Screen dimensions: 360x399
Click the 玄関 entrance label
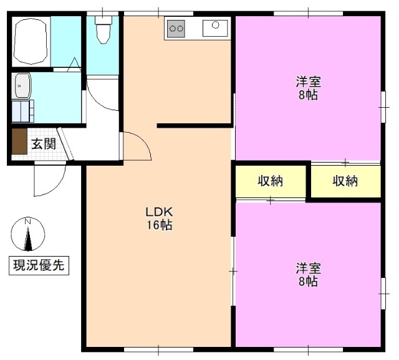[44, 144]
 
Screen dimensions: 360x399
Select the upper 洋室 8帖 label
[308, 88]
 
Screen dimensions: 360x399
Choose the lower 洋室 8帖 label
[308, 275]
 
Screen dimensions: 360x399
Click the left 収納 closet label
[271, 181]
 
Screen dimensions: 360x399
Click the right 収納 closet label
[345, 181]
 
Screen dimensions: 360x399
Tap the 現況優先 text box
[39, 265]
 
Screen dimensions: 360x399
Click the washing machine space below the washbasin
[24, 111]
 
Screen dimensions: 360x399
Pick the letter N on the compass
[27, 222]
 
